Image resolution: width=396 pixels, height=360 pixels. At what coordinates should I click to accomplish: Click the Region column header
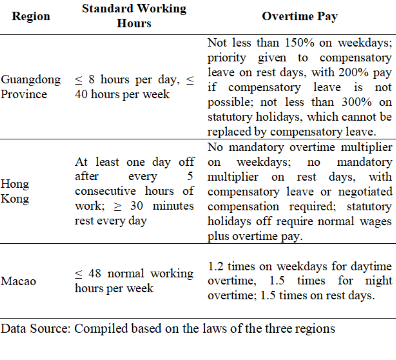point(31,16)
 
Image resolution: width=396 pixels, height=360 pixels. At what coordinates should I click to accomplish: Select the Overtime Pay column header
point(300,16)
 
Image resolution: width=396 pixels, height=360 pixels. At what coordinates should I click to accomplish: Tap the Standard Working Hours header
point(134,16)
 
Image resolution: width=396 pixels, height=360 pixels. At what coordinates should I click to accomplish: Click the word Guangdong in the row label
point(31,80)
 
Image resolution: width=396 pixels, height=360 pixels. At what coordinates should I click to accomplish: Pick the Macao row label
point(18,281)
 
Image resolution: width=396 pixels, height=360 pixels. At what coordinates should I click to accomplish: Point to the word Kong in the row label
point(15,199)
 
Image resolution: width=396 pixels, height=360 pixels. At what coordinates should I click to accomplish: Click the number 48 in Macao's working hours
point(95,274)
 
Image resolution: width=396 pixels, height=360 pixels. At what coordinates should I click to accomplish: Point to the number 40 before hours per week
point(81,94)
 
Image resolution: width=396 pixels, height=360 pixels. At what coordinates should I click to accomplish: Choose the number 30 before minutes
point(136,206)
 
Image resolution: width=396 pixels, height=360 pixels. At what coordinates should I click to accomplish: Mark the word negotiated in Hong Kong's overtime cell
point(365,192)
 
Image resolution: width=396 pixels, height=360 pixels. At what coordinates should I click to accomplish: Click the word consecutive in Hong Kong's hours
point(105,191)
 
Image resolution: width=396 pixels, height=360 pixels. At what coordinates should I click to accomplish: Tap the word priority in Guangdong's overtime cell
point(226,58)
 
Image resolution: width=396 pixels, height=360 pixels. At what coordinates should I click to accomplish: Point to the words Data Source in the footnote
point(35,329)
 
